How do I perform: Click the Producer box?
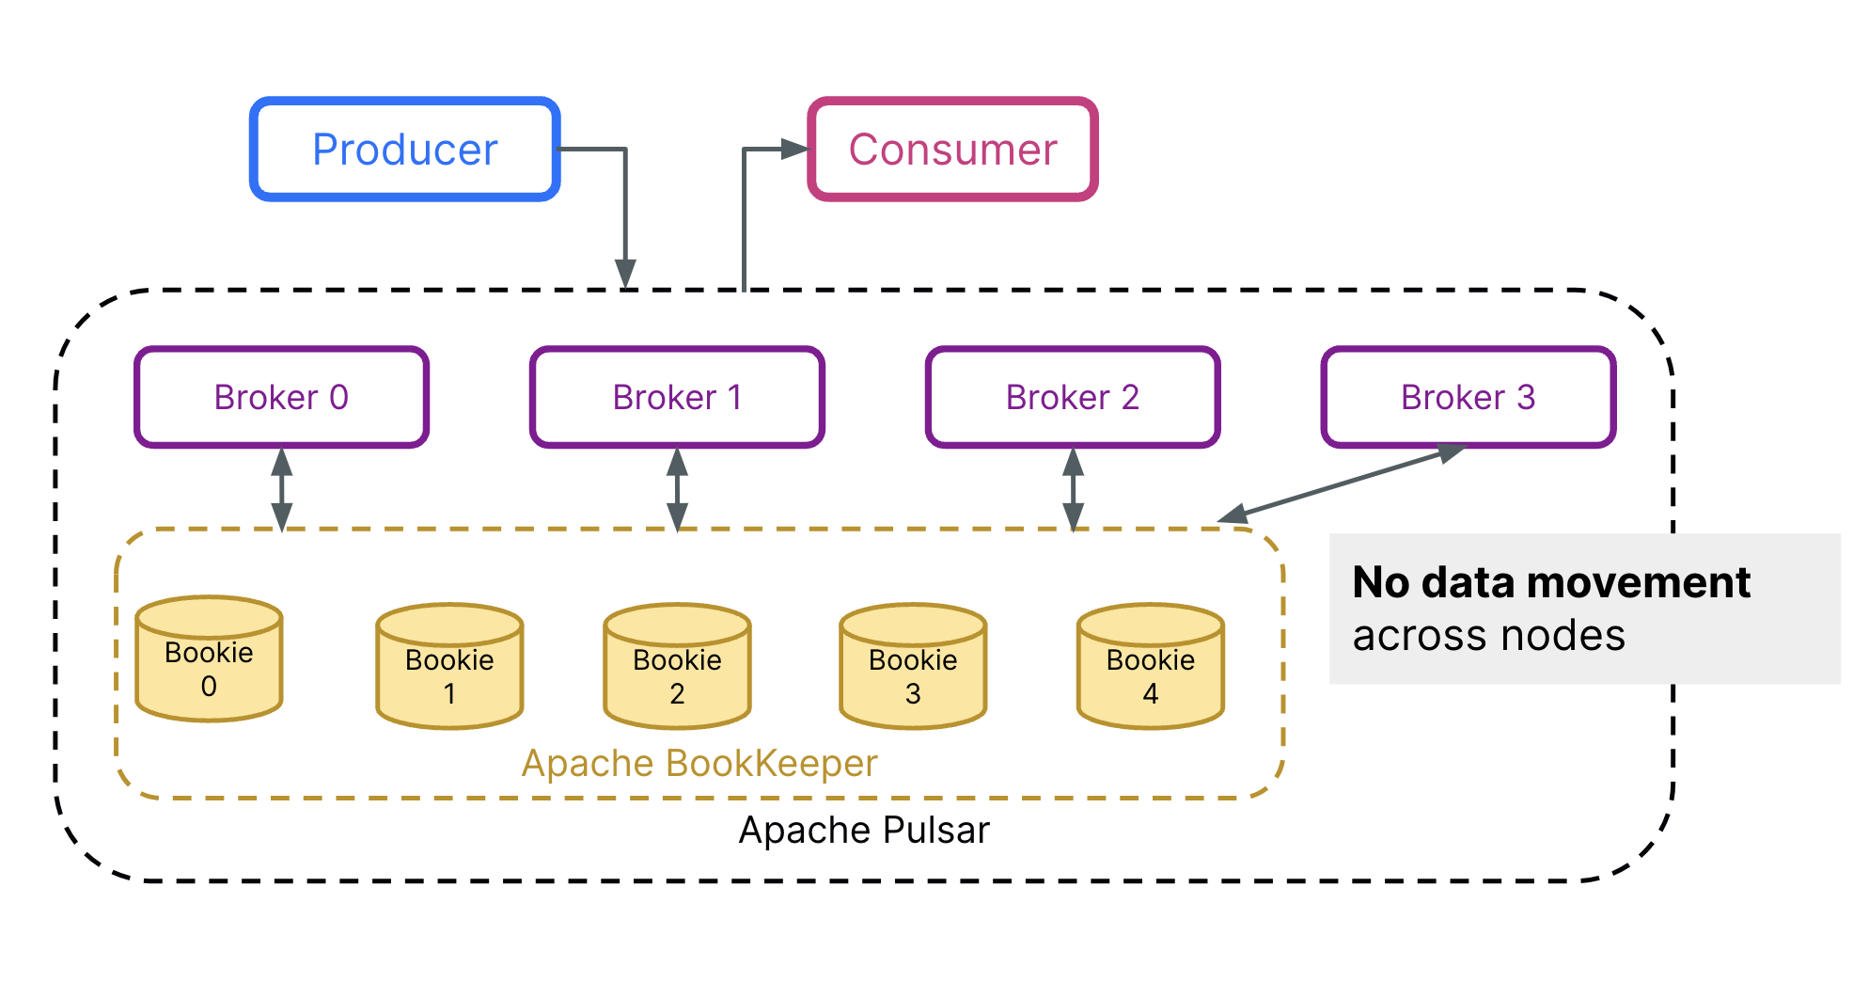click(x=405, y=149)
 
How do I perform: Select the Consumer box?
click(x=952, y=149)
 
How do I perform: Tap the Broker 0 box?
click(x=281, y=397)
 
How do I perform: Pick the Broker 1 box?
click(x=677, y=397)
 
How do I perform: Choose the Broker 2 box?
click(x=1073, y=397)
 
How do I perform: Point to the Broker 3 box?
click(x=1468, y=397)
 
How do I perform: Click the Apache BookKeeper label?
click(x=699, y=763)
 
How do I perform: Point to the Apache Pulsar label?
click(x=864, y=831)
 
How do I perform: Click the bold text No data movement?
click(x=1550, y=582)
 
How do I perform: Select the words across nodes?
click(x=1488, y=636)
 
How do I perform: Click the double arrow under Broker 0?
click(x=281, y=489)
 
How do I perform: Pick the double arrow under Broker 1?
click(x=677, y=489)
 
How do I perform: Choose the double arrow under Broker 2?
click(x=1073, y=489)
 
